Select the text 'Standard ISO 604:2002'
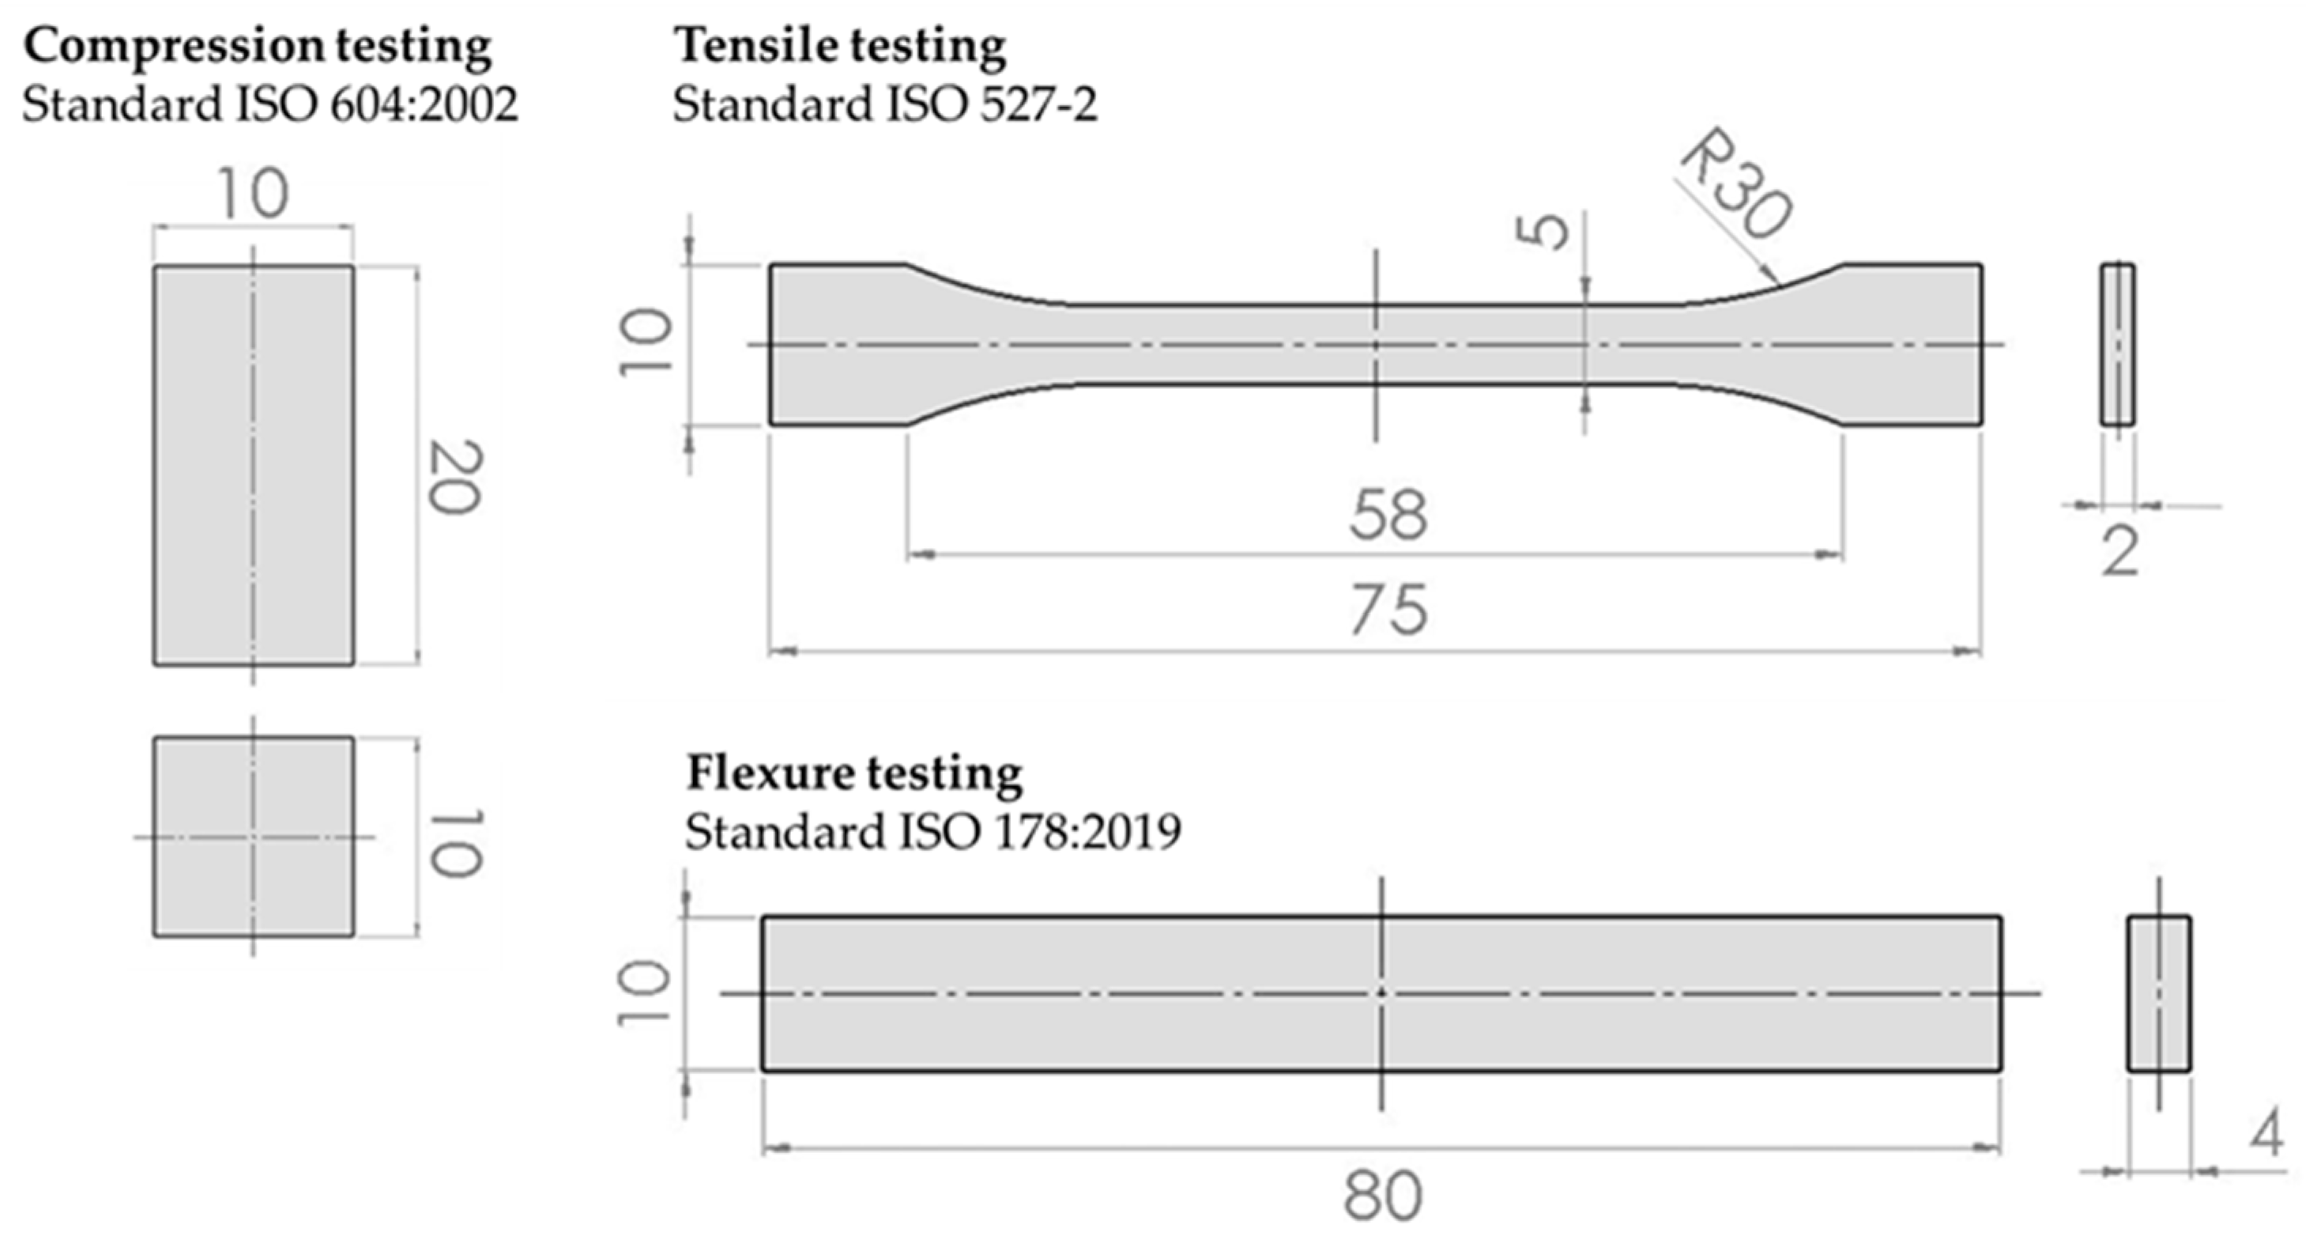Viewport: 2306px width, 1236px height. point(270,105)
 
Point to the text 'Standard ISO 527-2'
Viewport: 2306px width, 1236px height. point(884,105)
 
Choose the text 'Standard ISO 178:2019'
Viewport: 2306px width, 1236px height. point(933,832)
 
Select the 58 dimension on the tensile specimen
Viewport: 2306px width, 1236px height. point(1388,515)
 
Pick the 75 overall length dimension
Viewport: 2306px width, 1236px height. point(1388,610)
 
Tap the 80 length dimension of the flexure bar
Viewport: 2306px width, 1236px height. point(1382,1196)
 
